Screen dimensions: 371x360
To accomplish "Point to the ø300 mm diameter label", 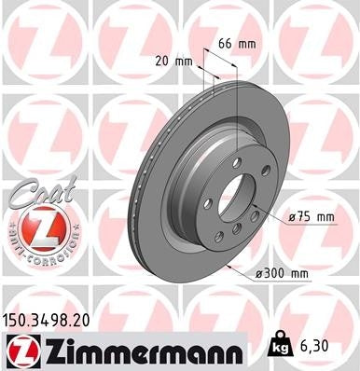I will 285,272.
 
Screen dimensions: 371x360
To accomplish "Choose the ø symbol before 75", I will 293,216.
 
